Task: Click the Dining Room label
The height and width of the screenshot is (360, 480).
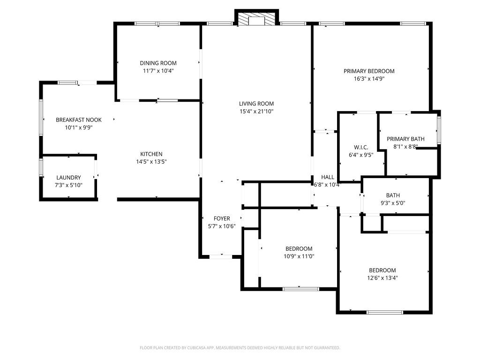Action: [158, 63]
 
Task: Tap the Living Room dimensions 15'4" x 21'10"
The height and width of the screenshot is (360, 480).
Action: [256, 112]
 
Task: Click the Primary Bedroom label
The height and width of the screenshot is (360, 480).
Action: [369, 71]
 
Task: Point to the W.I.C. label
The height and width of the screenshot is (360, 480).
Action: [361, 147]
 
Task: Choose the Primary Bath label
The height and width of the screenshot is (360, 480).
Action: [405, 139]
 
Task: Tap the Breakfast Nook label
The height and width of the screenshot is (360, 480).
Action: [79, 120]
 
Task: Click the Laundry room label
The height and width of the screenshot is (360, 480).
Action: [68, 178]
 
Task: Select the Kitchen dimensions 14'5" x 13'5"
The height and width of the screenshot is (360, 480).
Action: [151, 162]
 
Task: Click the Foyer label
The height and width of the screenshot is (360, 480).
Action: [222, 218]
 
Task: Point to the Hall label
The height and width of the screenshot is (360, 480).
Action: [328, 177]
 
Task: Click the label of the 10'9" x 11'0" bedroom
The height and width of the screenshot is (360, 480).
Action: [299, 248]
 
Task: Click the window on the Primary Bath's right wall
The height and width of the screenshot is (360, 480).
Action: [439, 130]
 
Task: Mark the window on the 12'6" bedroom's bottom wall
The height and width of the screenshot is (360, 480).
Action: [384, 312]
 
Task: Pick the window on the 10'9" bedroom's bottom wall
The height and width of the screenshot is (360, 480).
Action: [301, 289]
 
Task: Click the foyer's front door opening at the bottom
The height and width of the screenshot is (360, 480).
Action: [220, 256]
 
